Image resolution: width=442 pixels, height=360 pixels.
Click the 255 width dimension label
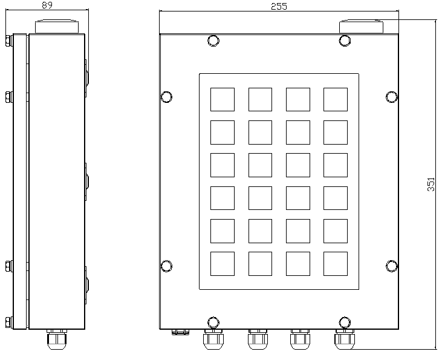click(x=279, y=6)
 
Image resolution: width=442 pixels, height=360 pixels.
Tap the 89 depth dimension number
click(x=47, y=5)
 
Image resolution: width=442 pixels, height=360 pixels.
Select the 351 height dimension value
click(x=431, y=185)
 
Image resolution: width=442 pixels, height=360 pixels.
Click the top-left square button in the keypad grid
click(x=223, y=99)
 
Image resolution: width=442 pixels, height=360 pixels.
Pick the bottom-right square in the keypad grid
click(x=336, y=264)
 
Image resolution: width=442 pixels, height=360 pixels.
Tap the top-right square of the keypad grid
click(x=336, y=99)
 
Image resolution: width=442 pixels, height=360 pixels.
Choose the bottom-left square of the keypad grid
click(x=223, y=264)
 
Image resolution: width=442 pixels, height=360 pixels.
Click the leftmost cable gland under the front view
click(x=213, y=339)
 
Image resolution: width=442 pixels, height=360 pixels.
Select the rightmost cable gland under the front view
click(x=345, y=339)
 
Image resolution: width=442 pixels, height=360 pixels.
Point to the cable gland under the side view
click(x=57, y=339)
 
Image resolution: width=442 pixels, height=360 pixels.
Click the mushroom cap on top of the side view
click(x=57, y=27)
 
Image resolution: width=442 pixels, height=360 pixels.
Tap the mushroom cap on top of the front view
click(x=361, y=27)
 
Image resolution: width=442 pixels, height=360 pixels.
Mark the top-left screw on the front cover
click(x=213, y=41)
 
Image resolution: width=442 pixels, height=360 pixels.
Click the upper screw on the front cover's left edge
click(x=166, y=97)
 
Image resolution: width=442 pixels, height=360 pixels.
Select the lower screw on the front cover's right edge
click(x=392, y=266)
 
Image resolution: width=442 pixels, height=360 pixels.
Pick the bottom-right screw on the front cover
click(x=345, y=322)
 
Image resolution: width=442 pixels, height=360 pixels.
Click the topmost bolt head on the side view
click(x=9, y=41)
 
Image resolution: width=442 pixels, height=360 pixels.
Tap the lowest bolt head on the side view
click(x=9, y=322)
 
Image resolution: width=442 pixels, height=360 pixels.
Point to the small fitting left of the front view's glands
click(x=180, y=332)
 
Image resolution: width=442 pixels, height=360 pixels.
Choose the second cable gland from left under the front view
click(x=258, y=339)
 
